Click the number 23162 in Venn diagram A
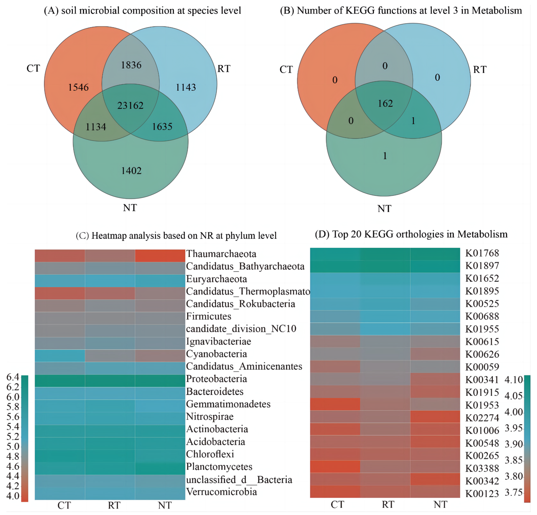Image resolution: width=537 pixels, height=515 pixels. coord(130,105)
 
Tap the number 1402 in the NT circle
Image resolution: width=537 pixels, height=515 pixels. coord(131,171)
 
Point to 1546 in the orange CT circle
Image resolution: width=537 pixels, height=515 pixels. coord(78,87)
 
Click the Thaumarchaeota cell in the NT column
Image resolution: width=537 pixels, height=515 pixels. coord(160,256)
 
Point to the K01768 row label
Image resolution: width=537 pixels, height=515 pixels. coord(482,253)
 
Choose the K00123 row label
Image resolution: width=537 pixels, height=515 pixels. coord(482,494)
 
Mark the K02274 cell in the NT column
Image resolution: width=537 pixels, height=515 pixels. coord(435,417)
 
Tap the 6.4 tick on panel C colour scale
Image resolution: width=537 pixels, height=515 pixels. coord(13,377)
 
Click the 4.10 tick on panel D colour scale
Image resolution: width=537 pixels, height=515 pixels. coord(514,380)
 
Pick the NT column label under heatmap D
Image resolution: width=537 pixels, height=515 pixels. coord(441,504)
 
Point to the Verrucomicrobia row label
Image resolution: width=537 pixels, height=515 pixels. coord(222,492)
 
